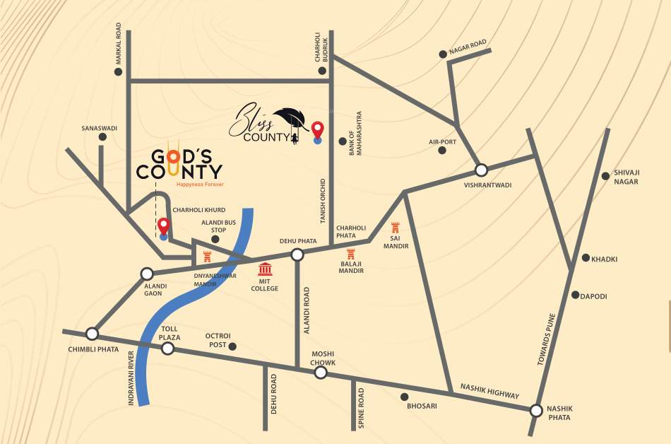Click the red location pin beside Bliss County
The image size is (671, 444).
(x=318, y=130)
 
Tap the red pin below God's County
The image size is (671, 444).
(x=164, y=226)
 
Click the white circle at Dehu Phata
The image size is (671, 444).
(x=297, y=255)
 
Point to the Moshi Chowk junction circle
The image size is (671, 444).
(x=321, y=372)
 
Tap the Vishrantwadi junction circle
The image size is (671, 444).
(x=481, y=170)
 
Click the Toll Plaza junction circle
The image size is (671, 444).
(x=168, y=347)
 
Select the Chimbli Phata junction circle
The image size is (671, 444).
(x=92, y=334)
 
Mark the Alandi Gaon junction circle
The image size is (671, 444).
(x=147, y=274)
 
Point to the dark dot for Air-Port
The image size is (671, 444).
(x=442, y=150)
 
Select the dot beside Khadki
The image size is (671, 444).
(x=585, y=258)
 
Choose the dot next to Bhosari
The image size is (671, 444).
(x=404, y=397)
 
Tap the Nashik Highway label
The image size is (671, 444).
(x=489, y=391)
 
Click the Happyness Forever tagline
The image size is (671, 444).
(x=200, y=184)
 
